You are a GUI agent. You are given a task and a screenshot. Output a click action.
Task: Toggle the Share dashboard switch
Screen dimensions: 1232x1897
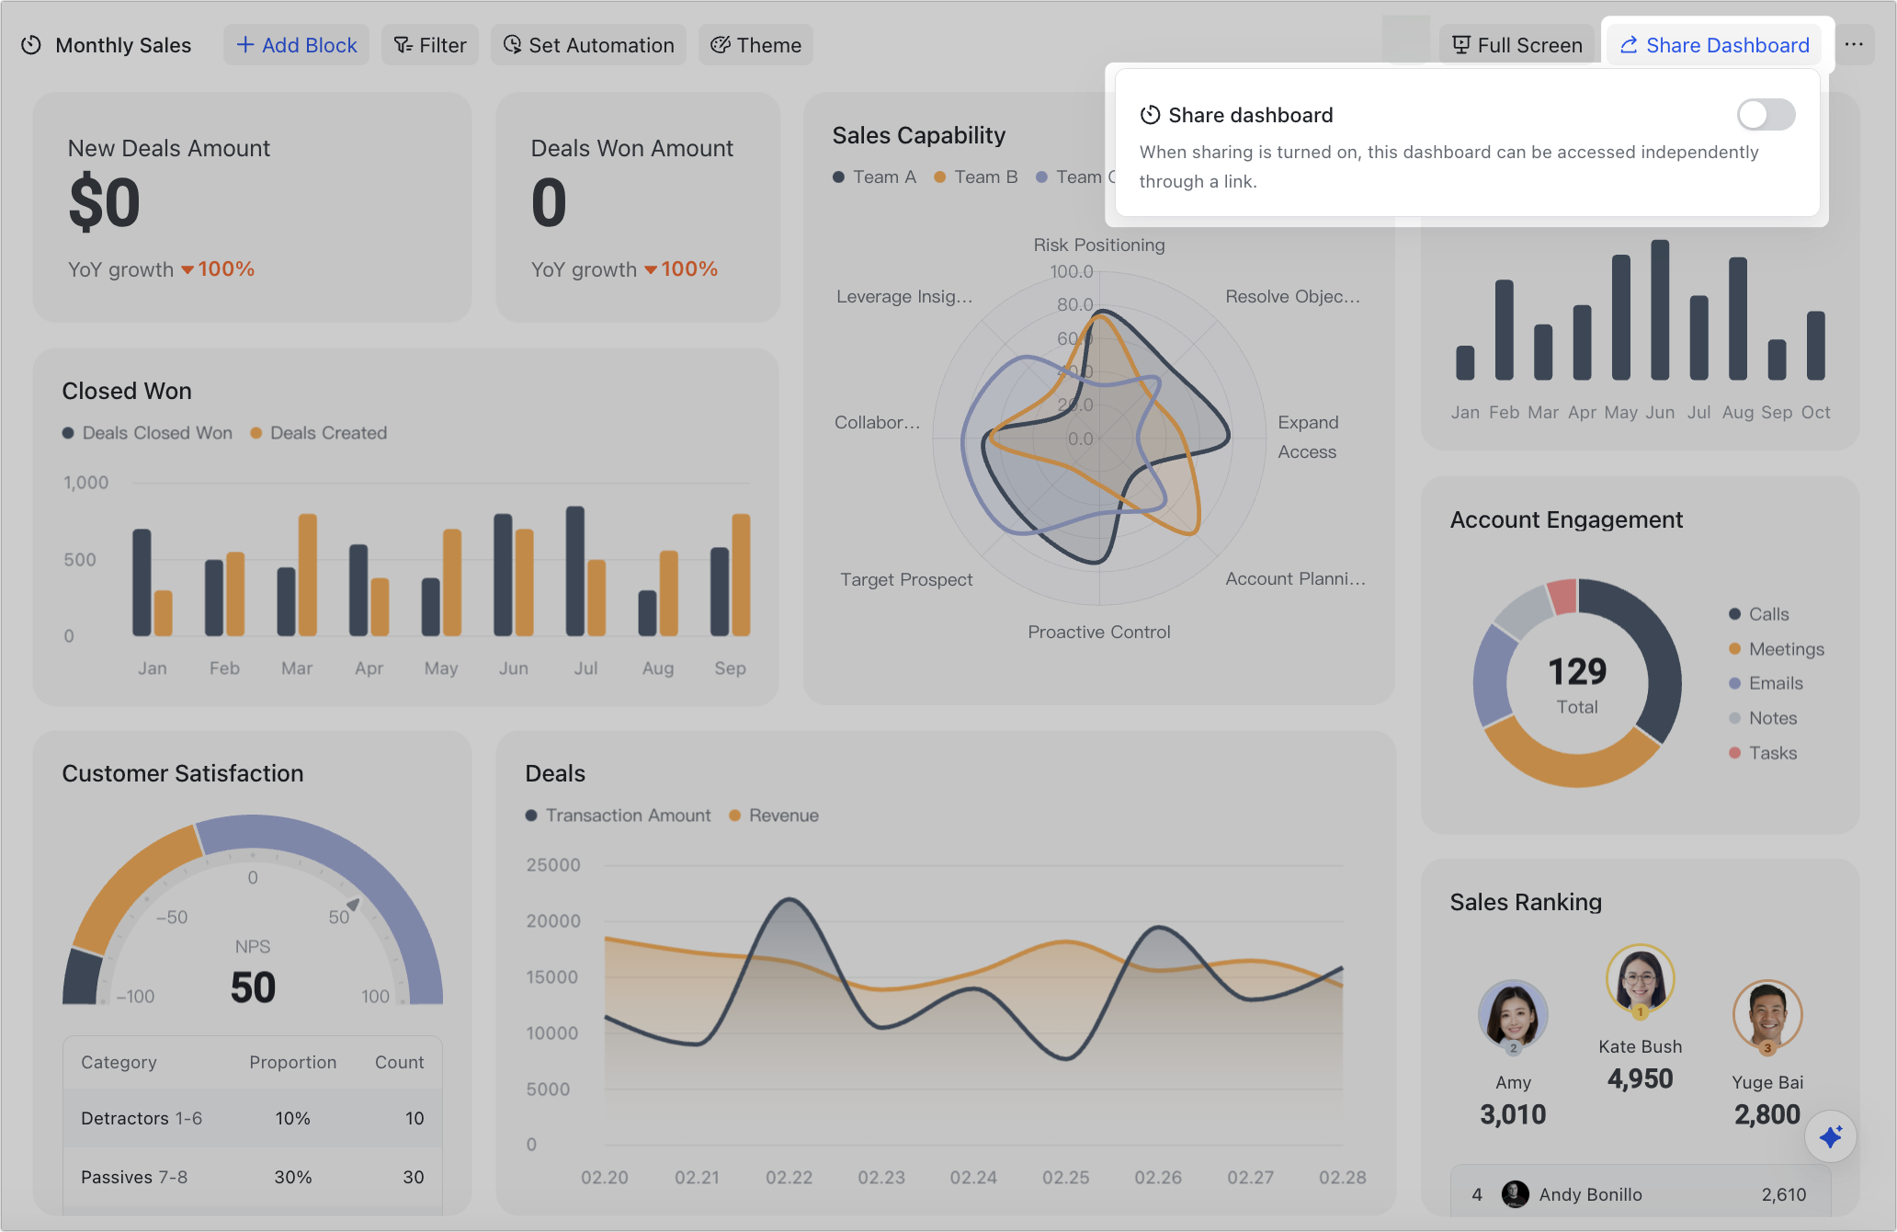[x=1766, y=115]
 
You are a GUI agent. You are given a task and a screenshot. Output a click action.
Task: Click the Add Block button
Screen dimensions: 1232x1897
[x=296, y=45]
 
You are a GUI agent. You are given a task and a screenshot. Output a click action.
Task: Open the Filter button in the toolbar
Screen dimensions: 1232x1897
[x=430, y=45]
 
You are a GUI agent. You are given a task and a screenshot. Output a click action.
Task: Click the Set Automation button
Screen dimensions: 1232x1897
[x=588, y=45]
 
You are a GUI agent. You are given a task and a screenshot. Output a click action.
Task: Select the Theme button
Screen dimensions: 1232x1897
[x=755, y=45]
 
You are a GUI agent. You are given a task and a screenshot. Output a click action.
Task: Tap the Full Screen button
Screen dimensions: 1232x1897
[x=1516, y=45]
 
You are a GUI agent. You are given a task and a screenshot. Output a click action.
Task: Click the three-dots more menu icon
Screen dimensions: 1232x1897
[x=1854, y=45]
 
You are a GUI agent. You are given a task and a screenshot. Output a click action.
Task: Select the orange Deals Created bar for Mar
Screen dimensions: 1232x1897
[x=308, y=575]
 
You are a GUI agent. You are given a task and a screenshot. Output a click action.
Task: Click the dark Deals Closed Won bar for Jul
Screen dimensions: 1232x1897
[x=575, y=571]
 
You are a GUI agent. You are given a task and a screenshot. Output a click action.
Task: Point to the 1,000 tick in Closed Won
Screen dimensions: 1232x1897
[x=85, y=483]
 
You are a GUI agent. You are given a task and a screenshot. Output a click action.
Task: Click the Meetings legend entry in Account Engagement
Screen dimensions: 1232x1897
[x=1786, y=649]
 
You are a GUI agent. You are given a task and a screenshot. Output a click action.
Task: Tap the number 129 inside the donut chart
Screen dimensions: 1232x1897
[x=1577, y=672]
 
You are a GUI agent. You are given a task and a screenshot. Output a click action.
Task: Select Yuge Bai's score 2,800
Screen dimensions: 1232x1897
[x=1766, y=1114]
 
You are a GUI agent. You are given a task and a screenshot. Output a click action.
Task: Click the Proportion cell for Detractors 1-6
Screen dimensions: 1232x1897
[x=292, y=1118]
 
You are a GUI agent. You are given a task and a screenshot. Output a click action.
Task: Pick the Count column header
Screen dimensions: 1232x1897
[x=399, y=1062]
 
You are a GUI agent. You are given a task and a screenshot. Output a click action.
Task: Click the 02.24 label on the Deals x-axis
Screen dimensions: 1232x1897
[x=973, y=1178]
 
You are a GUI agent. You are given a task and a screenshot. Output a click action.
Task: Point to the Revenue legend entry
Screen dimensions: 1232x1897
[x=782, y=816]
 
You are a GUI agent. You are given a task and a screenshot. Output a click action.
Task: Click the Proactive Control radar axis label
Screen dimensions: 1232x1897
[x=1098, y=632]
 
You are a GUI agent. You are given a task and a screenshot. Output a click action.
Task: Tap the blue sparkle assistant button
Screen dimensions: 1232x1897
[x=1830, y=1137]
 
